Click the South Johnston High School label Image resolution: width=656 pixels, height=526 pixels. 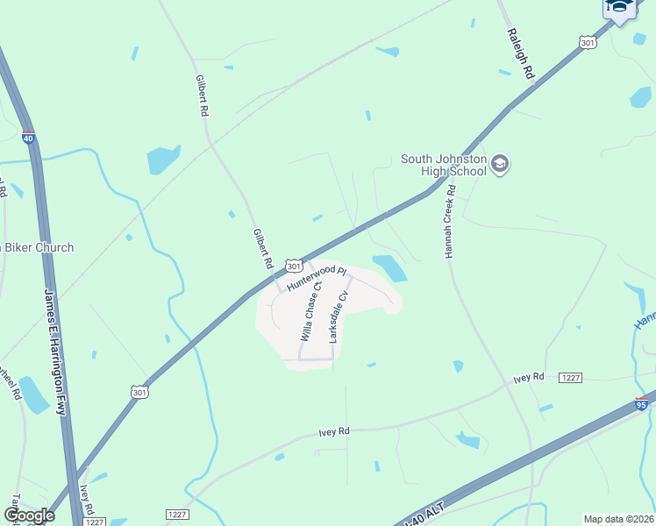click(x=443, y=165)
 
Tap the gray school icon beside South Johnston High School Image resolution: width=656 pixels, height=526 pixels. click(x=500, y=164)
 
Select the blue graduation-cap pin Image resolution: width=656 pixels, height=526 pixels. click(x=620, y=10)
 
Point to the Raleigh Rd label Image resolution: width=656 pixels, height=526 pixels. click(x=519, y=54)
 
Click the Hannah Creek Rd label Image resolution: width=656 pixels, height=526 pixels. click(x=449, y=221)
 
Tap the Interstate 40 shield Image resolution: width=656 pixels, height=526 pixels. click(x=28, y=137)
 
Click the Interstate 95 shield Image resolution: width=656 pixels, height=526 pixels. click(x=642, y=404)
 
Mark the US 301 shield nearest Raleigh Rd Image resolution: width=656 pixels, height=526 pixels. click(x=587, y=41)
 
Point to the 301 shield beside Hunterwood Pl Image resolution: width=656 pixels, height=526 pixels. click(x=294, y=266)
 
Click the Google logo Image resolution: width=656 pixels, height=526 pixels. click(x=28, y=515)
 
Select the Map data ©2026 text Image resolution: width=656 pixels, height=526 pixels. click(x=617, y=519)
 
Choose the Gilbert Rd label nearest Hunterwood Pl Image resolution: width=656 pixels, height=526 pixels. click(x=261, y=249)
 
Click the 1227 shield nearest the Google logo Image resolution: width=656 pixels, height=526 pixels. click(x=94, y=521)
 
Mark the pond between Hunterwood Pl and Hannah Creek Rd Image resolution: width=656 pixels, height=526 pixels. click(x=389, y=267)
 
